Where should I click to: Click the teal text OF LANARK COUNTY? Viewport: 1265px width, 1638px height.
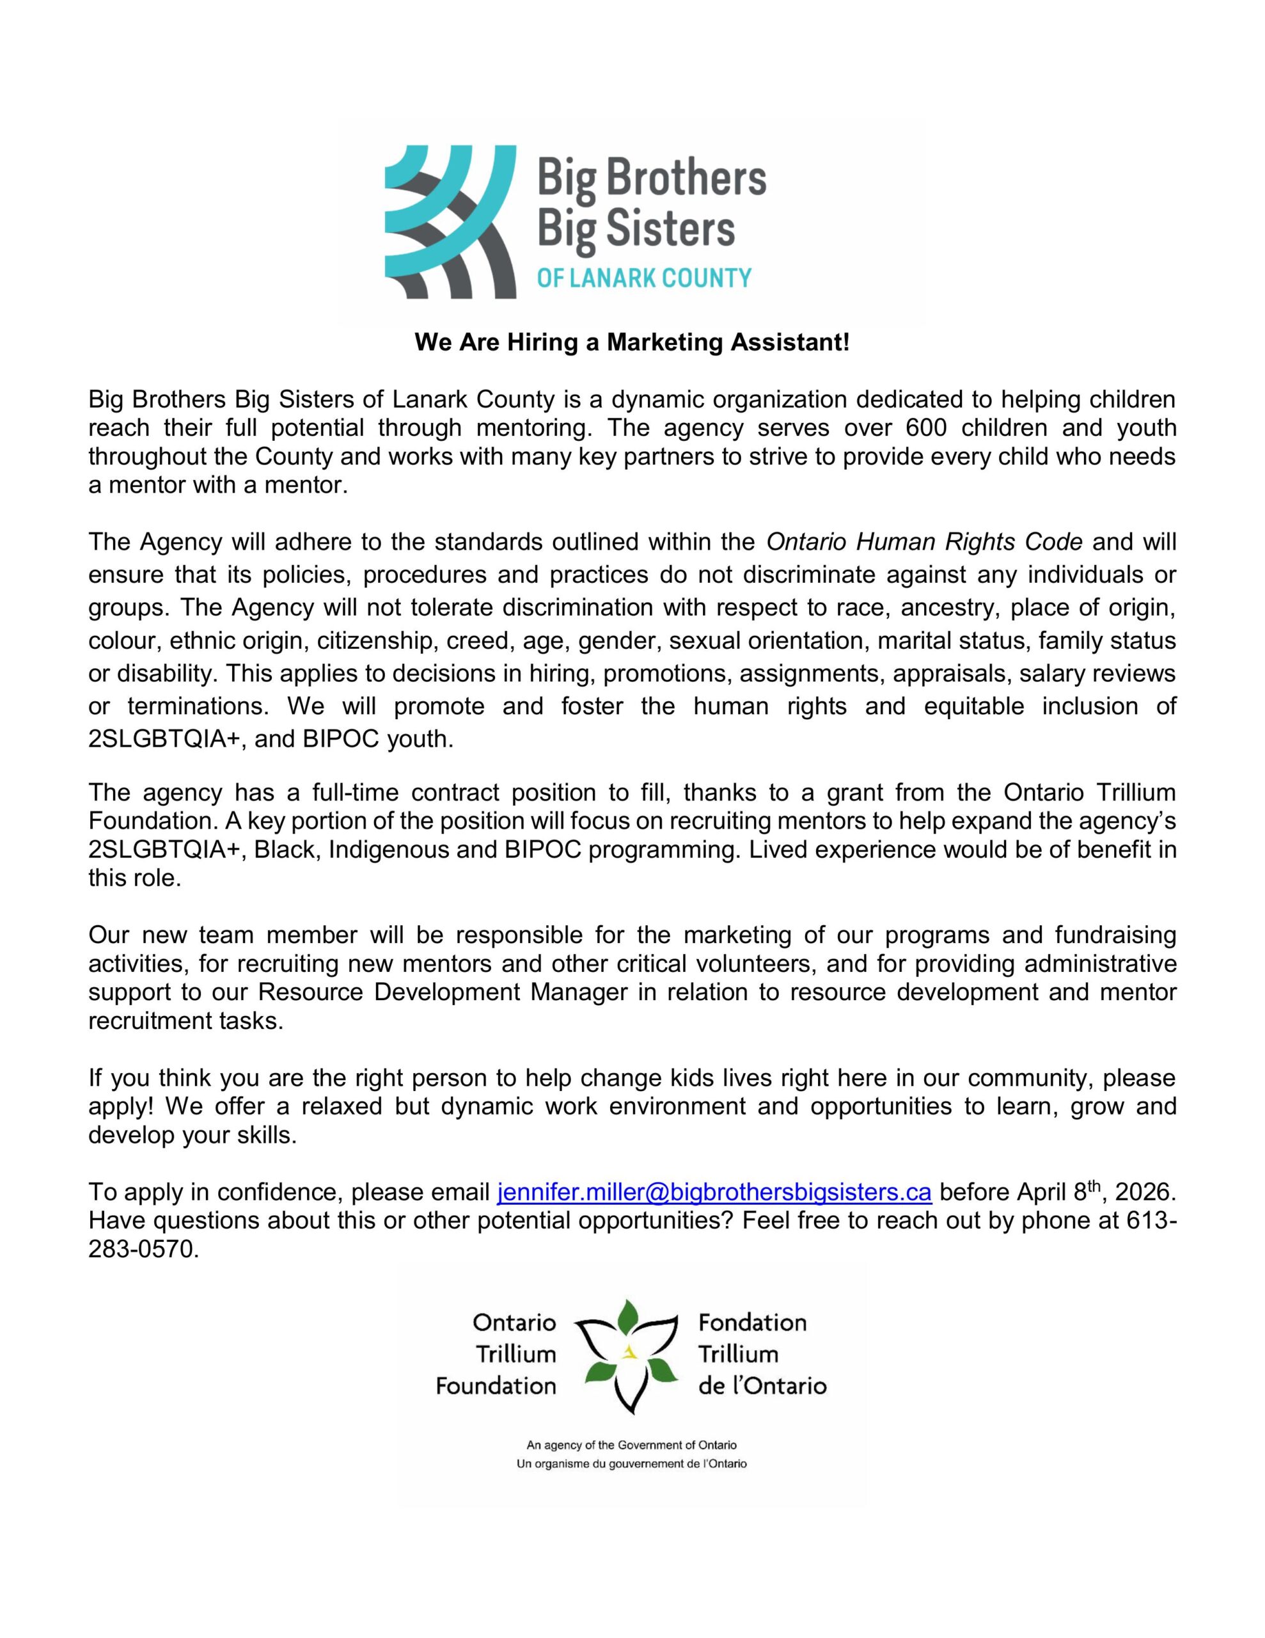point(644,278)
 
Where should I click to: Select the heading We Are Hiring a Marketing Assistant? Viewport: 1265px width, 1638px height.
point(632,343)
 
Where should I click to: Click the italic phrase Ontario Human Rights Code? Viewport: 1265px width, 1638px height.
point(924,541)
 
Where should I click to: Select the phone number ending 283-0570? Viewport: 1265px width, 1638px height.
point(143,1249)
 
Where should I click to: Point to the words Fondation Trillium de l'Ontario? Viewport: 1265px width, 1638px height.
point(761,1355)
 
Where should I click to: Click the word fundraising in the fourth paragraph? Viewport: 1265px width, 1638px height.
point(1115,935)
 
